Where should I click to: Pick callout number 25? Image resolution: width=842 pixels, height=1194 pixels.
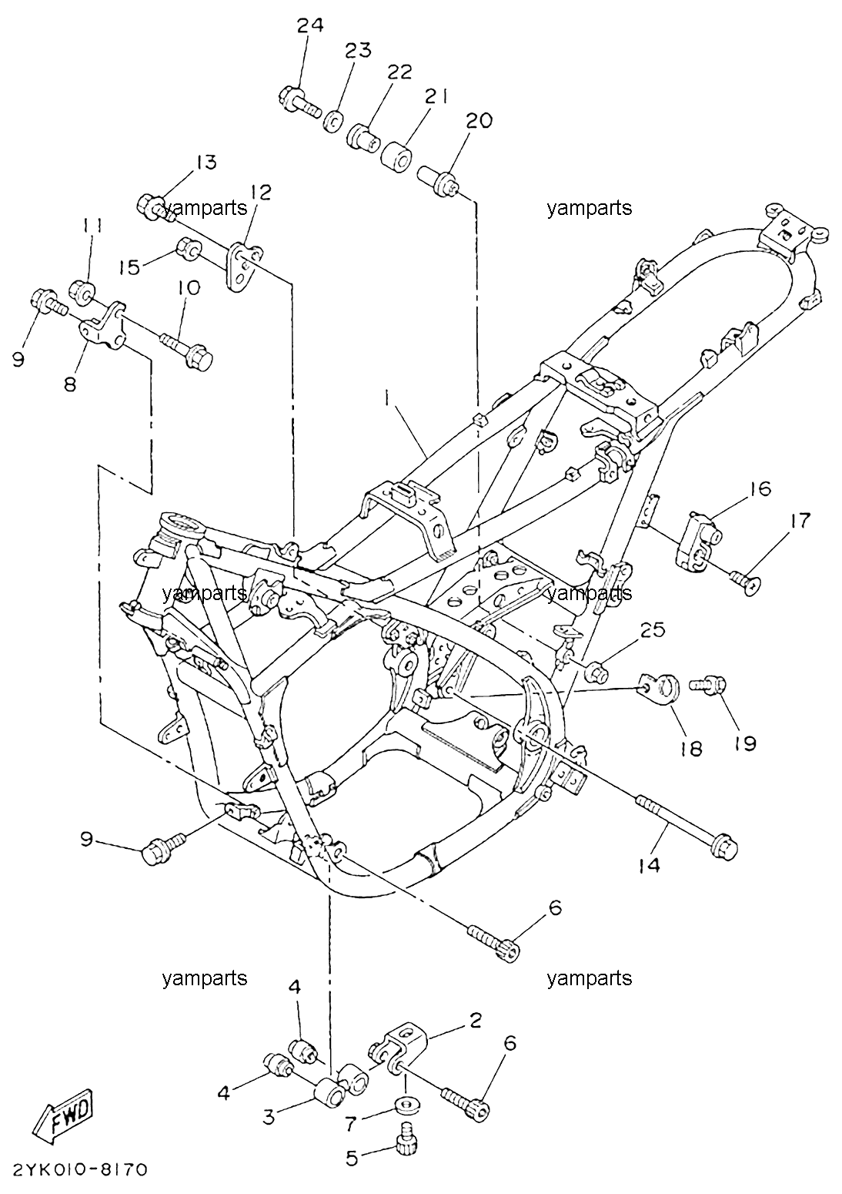coord(653,630)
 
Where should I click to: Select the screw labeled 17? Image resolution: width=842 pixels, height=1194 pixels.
coord(746,583)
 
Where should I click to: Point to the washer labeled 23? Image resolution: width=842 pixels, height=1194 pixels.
coord(333,122)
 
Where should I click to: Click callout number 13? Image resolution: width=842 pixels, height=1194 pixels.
coord(205,163)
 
